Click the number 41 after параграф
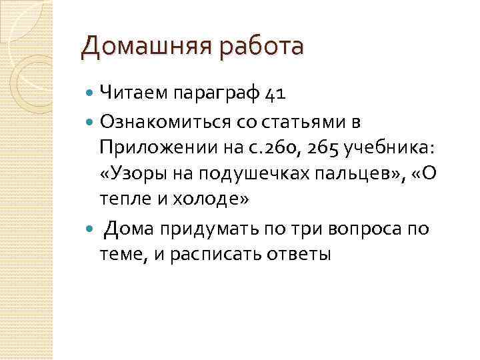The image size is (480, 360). [275, 93]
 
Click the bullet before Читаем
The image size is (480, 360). [91, 93]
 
